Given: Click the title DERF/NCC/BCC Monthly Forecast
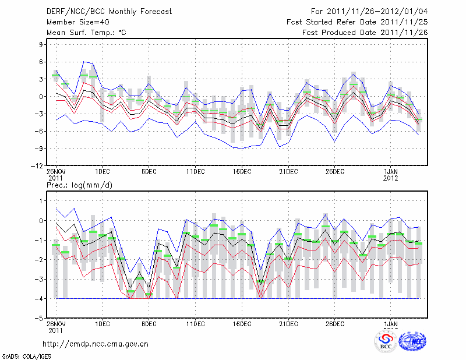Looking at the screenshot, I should (110, 12).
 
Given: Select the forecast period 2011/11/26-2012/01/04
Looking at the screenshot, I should (369, 12).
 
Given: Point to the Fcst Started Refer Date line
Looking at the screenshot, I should (357, 22).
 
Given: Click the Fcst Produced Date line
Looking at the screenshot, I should (365, 33).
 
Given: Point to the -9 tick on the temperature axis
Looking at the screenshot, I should (40, 149).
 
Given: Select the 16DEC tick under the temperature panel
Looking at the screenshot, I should (242, 171).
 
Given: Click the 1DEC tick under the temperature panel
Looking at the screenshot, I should (102, 171).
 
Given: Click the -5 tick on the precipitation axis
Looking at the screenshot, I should (41, 319).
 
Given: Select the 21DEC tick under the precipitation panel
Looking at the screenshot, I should (288, 324).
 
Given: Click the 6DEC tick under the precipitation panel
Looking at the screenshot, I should (149, 324).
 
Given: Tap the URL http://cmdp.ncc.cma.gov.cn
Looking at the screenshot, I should (95, 344).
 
